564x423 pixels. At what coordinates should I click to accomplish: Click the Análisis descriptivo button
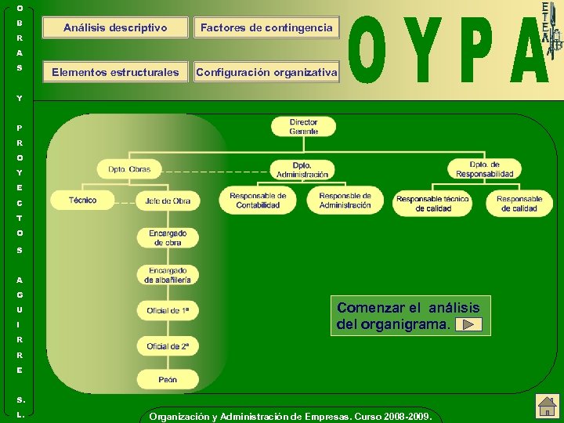tap(115, 27)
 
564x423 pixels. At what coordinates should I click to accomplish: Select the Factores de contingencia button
tap(266, 27)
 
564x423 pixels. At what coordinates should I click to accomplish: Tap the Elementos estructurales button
tap(115, 73)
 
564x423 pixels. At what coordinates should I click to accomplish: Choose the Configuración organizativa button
tap(266, 73)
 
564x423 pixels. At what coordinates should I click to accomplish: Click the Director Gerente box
tap(303, 127)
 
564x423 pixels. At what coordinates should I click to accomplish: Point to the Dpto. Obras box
tap(129, 169)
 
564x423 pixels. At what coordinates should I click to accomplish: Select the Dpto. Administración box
tap(302, 170)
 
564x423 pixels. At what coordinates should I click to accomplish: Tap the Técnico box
tap(82, 201)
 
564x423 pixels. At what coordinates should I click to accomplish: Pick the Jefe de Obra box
tap(168, 201)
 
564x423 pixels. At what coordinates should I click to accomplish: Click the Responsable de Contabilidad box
tap(258, 201)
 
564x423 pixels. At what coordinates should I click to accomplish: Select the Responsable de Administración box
tap(345, 201)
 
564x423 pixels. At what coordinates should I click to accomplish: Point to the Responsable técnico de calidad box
tap(432, 204)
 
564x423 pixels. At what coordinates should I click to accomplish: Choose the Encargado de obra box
tap(168, 238)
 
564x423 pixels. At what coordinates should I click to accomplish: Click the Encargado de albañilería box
tap(168, 275)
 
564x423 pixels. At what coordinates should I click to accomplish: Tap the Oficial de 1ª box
tap(168, 311)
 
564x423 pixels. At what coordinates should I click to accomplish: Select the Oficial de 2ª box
tap(168, 346)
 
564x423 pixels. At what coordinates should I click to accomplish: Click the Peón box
tap(168, 380)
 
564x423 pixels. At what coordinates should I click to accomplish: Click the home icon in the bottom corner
tap(546, 406)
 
